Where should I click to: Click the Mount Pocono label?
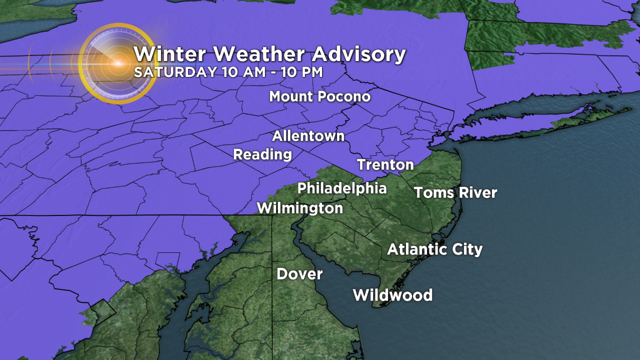[320, 96]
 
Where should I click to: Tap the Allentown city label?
[308, 136]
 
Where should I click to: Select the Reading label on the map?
[262, 154]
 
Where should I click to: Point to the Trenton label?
[385, 164]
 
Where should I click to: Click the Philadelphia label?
[342, 188]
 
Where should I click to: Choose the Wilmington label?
[300, 208]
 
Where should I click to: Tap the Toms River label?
[455, 192]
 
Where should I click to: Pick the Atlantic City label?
[435, 249]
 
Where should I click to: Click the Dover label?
[299, 274]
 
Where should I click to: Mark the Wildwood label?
[392, 295]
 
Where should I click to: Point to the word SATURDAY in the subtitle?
[174, 71]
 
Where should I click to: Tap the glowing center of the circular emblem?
[118, 63]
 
